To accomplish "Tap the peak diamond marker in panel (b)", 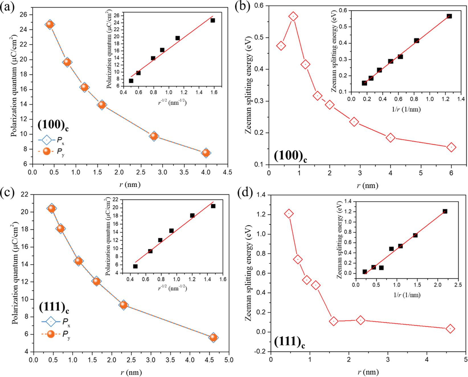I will coord(293,17).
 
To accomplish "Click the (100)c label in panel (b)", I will coord(290,156).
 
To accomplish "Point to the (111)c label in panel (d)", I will coord(289,342).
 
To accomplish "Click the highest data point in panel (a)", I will coord(50,24).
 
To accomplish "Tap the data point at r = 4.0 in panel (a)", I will coord(206,153).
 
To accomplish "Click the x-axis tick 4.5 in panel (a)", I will coord(227,172).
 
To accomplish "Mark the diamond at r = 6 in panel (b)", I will coord(451,147).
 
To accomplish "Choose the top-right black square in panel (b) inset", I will coord(449,16).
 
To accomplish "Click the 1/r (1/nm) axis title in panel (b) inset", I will coord(406,109).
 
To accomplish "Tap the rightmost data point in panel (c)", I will coord(213,337).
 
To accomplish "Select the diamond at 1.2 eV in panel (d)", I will coord(289,214).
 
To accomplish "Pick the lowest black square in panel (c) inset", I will coord(135,266).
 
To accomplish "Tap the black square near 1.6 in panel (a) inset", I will coord(213,20).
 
